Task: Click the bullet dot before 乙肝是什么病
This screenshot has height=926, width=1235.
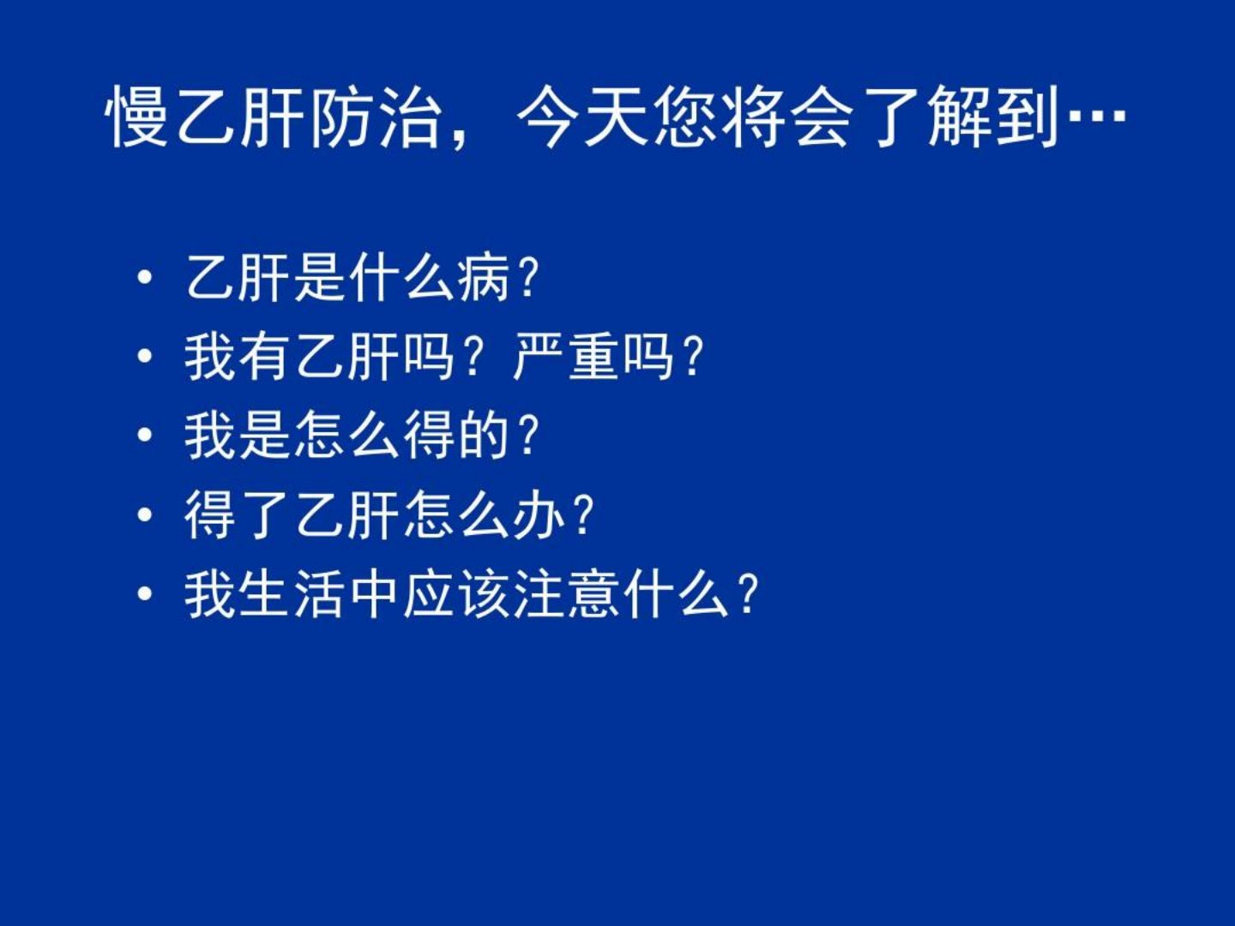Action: pos(145,277)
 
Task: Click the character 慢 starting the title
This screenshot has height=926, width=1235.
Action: pos(136,117)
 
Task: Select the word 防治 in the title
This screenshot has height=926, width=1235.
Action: pos(375,117)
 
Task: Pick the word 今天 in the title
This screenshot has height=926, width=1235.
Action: pos(581,117)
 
